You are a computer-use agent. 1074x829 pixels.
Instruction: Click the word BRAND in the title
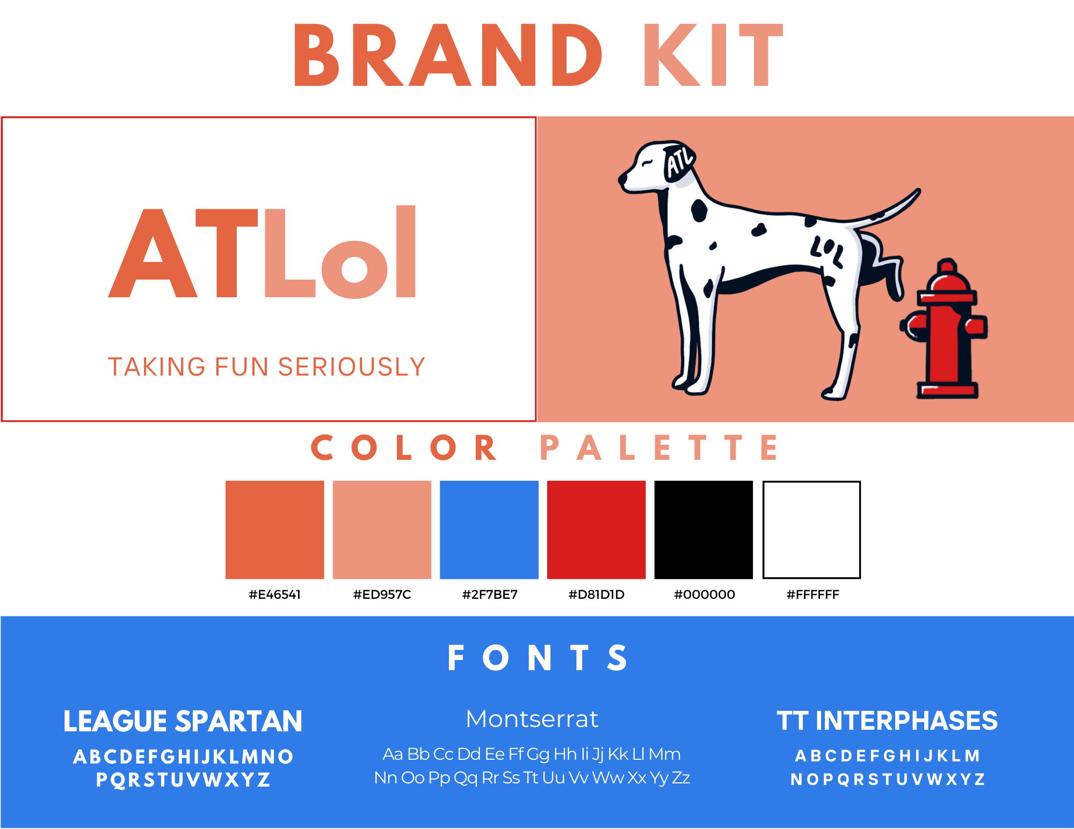pyautogui.click(x=448, y=55)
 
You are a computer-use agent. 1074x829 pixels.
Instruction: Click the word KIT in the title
pyautogui.click(x=714, y=55)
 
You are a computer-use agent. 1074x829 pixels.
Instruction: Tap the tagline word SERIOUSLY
pyautogui.click(x=352, y=367)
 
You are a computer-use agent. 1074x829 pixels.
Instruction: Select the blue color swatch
pyautogui.click(x=489, y=530)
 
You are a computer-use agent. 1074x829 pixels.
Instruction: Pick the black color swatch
pyautogui.click(x=703, y=530)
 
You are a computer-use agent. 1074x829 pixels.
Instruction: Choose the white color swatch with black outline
pyautogui.click(x=811, y=530)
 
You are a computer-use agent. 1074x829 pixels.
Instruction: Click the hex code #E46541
pyautogui.click(x=274, y=595)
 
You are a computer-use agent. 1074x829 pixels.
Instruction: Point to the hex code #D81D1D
pyautogui.click(x=596, y=595)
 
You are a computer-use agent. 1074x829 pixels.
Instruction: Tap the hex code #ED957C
pyautogui.click(x=382, y=595)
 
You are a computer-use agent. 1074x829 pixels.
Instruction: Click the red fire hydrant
pyautogui.click(x=945, y=330)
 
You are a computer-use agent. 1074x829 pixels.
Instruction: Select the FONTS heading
pyautogui.click(x=538, y=658)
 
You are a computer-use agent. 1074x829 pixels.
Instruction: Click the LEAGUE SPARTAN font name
pyautogui.click(x=183, y=721)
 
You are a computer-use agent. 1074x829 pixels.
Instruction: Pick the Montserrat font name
pyautogui.click(x=532, y=719)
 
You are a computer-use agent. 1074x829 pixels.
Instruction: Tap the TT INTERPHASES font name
pyautogui.click(x=887, y=721)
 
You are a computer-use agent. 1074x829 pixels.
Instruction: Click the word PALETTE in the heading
pyautogui.click(x=659, y=447)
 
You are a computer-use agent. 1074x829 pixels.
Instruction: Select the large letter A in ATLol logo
pyautogui.click(x=153, y=253)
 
